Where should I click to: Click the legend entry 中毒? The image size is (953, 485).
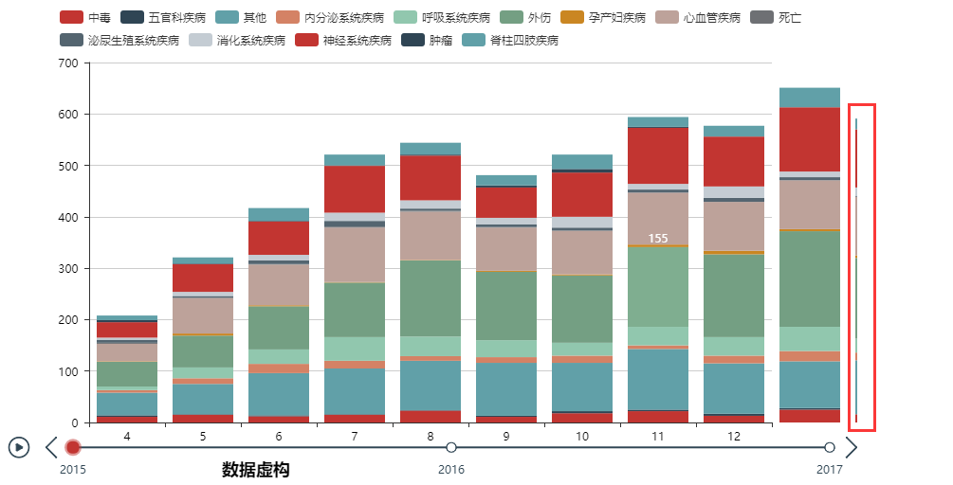[x=85, y=17]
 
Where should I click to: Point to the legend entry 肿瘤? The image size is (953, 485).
[x=428, y=40]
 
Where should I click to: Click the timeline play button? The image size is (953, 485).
[x=19, y=447]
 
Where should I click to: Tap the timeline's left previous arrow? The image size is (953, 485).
[x=51, y=447]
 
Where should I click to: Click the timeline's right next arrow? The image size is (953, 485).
[x=851, y=447]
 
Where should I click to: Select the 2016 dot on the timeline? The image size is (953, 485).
[x=451, y=447]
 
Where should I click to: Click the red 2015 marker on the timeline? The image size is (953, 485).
[x=73, y=447]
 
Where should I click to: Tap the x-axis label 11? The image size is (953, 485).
[x=658, y=435]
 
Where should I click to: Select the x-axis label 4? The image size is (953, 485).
[x=127, y=435]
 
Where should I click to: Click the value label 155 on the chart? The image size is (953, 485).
[x=658, y=238]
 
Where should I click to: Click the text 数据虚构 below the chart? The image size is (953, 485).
[x=256, y=470]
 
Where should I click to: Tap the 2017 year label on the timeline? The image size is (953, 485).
[x=830, y=469]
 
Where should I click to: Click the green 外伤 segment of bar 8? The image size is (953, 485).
[x=431, y=298]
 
